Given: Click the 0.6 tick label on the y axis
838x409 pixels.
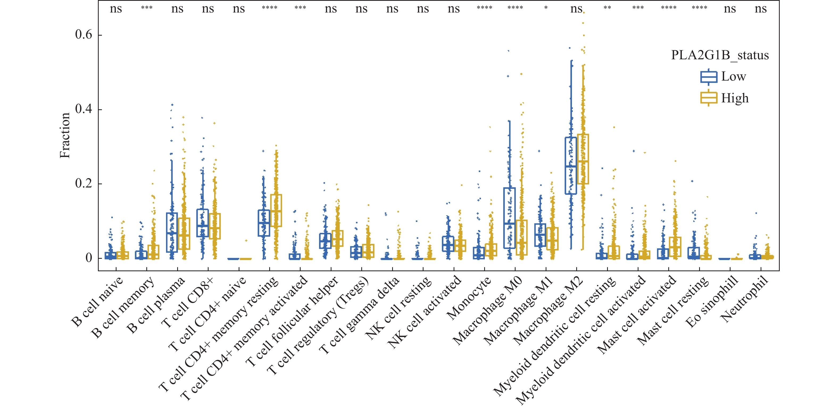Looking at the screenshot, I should [84, 35].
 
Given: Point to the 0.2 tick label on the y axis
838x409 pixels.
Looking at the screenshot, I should [84, 183].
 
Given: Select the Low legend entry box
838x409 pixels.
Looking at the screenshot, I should [708, 77].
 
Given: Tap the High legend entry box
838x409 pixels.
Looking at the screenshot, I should [708, 98].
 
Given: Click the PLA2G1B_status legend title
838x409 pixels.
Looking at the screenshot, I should [720, 55].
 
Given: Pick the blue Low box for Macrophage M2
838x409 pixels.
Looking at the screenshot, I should [571, 166].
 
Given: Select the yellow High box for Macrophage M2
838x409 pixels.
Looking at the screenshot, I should [583, 159].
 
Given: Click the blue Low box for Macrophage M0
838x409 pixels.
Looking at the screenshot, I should [509, 218].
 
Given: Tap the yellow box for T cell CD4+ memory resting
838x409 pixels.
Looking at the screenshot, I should [276, 210].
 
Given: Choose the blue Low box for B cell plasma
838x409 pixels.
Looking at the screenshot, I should [172, 232].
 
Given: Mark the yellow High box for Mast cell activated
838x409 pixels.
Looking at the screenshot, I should [675, 247].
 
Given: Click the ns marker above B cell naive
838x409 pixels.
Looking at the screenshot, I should [116, 9].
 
